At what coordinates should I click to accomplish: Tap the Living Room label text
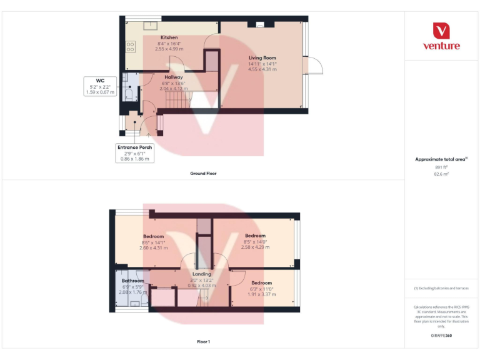click(x=262, y=57)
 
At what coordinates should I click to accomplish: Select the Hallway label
click(x=173, y=77)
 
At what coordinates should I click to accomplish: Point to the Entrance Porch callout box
click(x=134, y=153)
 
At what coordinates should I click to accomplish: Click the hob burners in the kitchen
click(x=131, y=46)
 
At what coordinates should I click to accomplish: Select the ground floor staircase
click(x=203, y=99)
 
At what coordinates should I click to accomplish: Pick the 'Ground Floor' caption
click(x=203, y=173)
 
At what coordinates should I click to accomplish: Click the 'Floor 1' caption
click(x=203, y=342)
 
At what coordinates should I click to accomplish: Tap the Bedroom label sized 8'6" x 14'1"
click(x=152, y=236)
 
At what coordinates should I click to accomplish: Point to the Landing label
click(x=202, y=274)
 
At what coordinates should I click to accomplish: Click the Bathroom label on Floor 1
click(x=132, y=281)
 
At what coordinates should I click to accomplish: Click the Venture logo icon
click(x=441, y=31)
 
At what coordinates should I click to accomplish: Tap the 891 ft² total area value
click(x=441, y=167)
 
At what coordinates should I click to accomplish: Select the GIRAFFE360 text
click(x=441, y=336)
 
